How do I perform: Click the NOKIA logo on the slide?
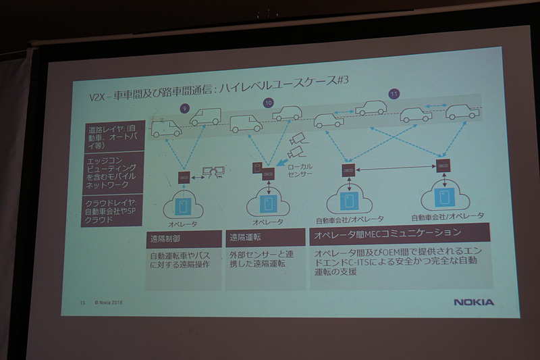[x=473, y=302]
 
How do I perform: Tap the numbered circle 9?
[x=184, y=107]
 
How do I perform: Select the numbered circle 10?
[x=268, y=103]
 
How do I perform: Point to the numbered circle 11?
[x=394, y=94]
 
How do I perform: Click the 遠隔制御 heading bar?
[x=184, y=238]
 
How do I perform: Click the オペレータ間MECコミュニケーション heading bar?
[x=402, y=234]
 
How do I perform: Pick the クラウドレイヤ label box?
[x=112, y=210]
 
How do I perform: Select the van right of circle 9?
[x=205, y=118]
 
